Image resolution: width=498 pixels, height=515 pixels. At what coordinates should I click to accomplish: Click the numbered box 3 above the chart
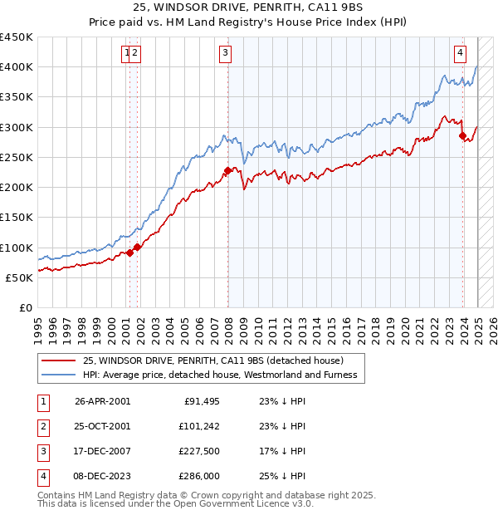[225, 54]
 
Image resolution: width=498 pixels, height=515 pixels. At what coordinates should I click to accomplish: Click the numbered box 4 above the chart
[460, 54]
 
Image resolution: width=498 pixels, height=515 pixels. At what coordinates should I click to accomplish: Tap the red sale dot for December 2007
[227, 171]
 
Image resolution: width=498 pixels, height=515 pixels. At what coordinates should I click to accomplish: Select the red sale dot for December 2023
[462, 136]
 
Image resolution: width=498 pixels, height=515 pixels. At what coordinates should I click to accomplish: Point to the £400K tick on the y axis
[17, 67]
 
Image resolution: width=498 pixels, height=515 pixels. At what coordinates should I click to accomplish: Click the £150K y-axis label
[17, 217]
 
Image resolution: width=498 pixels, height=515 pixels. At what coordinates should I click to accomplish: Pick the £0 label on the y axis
[26, 307]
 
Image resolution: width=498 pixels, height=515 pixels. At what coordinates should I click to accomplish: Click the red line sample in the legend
[58, 360]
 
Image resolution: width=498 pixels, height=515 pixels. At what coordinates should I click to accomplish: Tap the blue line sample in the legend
[58, 375]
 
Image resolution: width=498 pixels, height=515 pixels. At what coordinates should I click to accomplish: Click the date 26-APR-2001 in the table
[102, 402]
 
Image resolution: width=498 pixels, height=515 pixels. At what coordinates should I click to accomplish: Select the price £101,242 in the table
[198, 427]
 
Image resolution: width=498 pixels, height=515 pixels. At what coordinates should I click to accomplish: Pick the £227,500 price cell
[198, 452]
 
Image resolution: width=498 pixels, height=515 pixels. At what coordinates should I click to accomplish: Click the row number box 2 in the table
[41, 427]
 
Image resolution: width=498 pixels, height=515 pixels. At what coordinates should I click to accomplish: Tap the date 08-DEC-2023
[102, 477]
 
